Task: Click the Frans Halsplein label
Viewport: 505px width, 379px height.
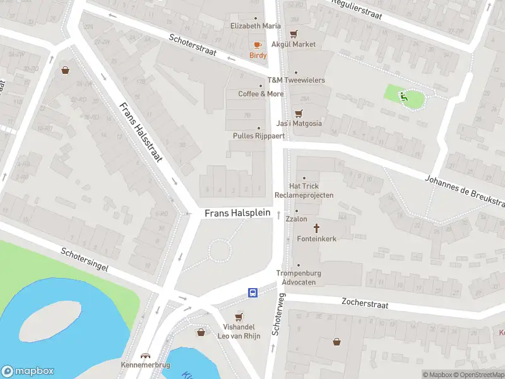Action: (x=237, y=214)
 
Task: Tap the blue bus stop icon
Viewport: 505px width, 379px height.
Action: (x=252, y=292)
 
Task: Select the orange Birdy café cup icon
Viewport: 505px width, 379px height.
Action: (x=257, y=45)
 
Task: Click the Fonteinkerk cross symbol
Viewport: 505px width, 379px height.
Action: (x=316, y=227)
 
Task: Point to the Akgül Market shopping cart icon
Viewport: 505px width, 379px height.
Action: (x=294, y=34)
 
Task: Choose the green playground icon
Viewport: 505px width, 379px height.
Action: (x=403, y=96)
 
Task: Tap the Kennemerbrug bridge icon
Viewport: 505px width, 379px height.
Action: (x=146, y=356)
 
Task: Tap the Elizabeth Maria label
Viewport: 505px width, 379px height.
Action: (x=255, y=26)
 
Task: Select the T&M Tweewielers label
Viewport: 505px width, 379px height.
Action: (x=296, y=80)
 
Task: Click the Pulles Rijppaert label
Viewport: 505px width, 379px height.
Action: (x=259, y=136)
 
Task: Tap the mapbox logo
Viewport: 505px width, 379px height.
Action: (x=28, y=371)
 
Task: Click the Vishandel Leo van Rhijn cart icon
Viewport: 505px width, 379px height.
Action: (x=239, y=317)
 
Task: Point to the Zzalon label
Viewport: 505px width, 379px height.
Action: (x=296, y=219)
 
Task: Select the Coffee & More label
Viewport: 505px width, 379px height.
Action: (x=261, y=93)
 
